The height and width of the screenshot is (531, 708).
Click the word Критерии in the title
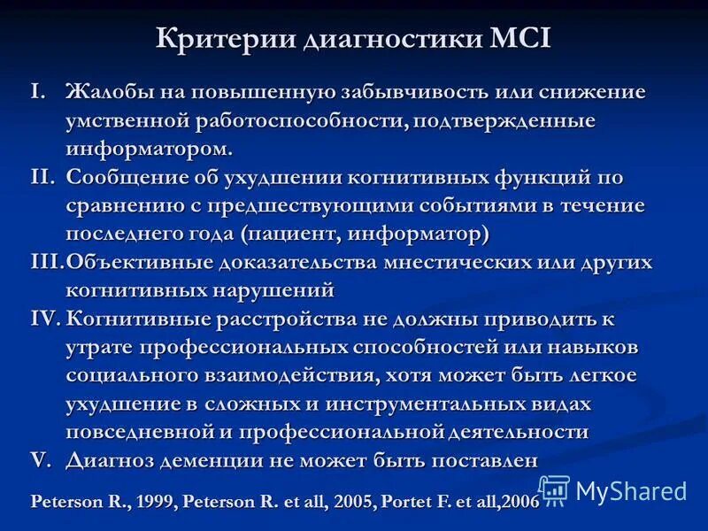[x=227, y=40]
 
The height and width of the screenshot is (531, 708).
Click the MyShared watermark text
[x=631, y=490]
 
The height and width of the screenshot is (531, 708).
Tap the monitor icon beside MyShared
[x=554, y=489]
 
